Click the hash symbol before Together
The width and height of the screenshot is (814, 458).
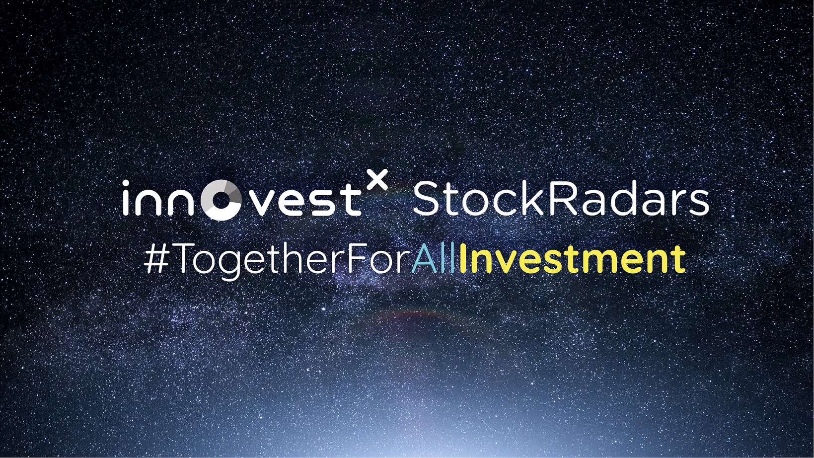[x=155, y=258]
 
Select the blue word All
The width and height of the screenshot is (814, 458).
[x=434, y=258]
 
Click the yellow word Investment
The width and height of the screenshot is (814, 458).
[x=572, y=258]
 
